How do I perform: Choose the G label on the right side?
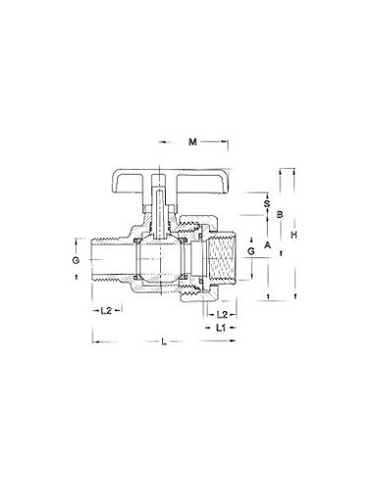pyautogui.click(x=250, y=252)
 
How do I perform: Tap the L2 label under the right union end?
pyautogui.click(x=222, y=311)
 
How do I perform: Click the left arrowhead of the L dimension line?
pyautogui.click(x=95, y=343)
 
